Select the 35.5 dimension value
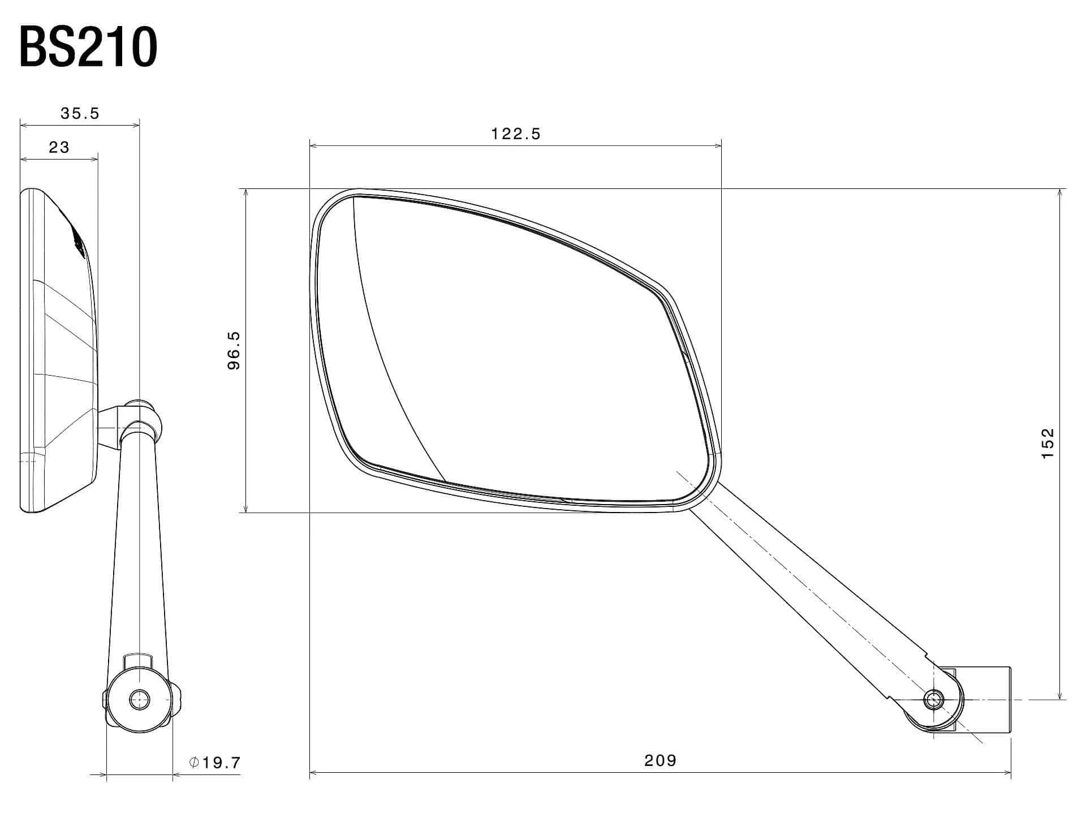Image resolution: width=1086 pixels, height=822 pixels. (80, 114)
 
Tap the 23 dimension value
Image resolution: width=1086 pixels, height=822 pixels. (59, 148)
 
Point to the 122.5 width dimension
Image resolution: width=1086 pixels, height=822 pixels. (516, 134)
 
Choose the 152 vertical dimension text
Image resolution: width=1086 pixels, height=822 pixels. (1048, 444)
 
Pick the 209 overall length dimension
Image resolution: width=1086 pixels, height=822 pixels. (660, 760)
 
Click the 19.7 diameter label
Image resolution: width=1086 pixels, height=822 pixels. (221, 763)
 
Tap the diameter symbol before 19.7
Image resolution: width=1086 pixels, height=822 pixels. (194, 763)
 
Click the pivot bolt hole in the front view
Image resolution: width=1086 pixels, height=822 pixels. (933, 700)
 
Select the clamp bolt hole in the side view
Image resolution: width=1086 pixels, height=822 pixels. (138, 700)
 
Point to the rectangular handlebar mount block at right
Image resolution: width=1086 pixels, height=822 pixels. (987, 700)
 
